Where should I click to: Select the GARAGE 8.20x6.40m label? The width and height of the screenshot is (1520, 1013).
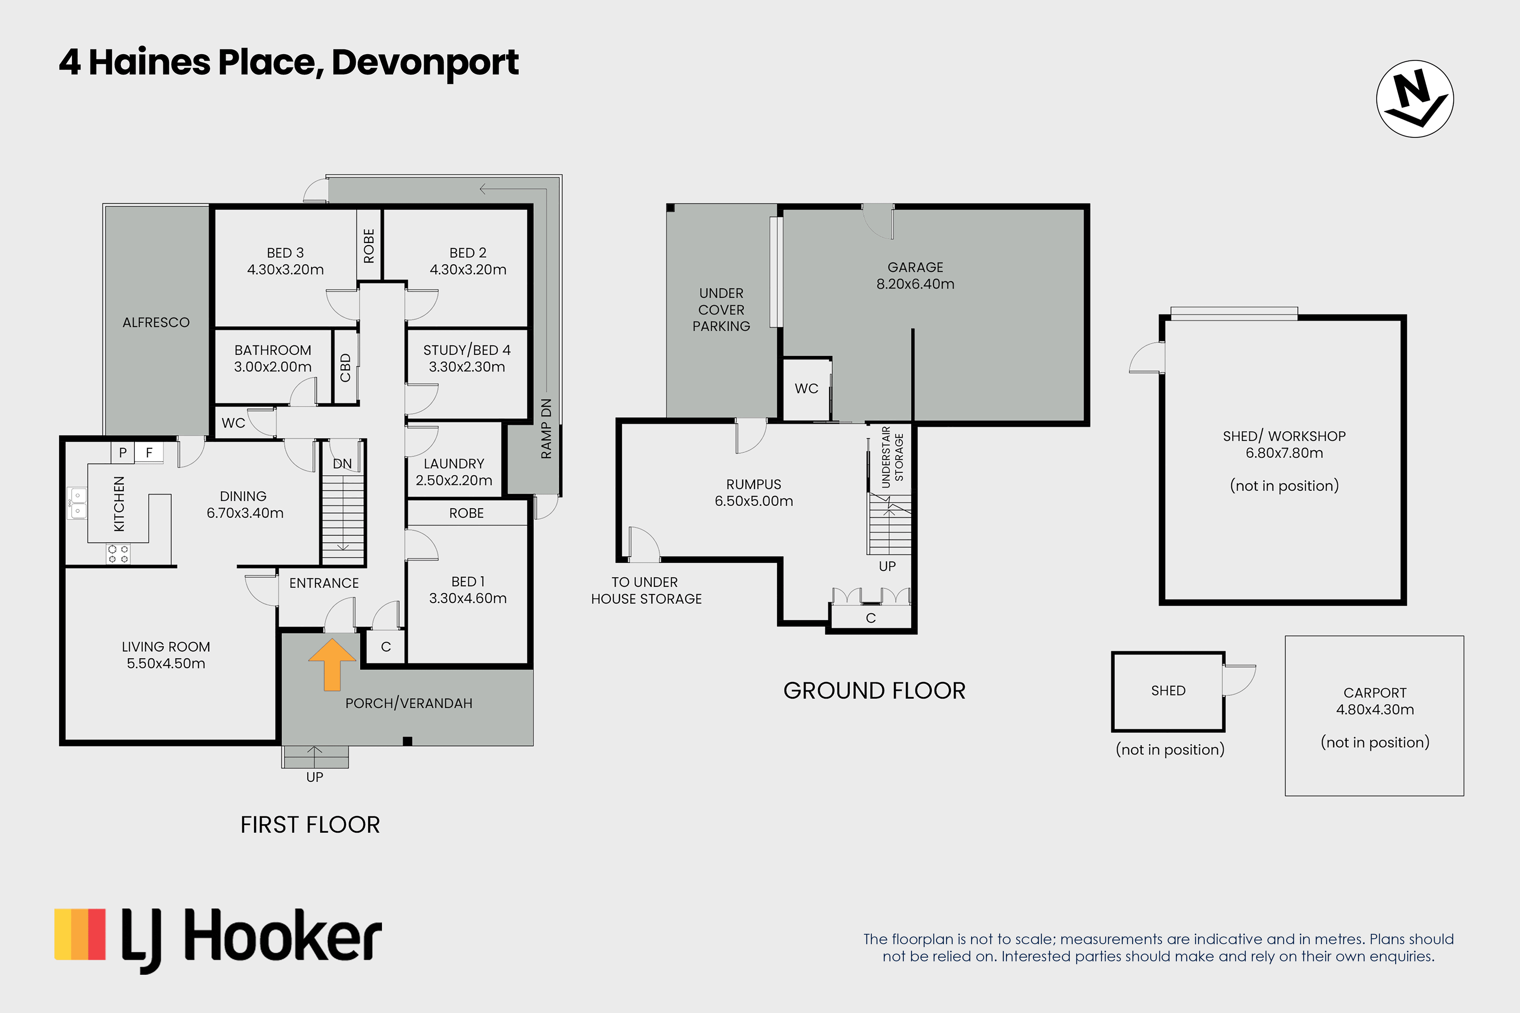[915, 275]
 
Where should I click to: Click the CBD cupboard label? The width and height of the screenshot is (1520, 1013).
[345, 367]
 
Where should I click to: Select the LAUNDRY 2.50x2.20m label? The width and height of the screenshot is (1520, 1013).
[454, 472]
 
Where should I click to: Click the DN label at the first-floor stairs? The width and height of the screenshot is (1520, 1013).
[343, 464]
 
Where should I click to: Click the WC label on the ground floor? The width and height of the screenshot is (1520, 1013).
[806, 388]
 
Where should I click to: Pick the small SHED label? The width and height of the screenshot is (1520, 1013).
[1168, 691]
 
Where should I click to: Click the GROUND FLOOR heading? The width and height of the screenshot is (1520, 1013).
[874, 691]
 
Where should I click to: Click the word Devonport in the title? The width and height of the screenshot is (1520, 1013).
[425, 63]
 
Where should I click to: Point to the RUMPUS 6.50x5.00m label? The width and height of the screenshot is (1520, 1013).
[754, 492]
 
